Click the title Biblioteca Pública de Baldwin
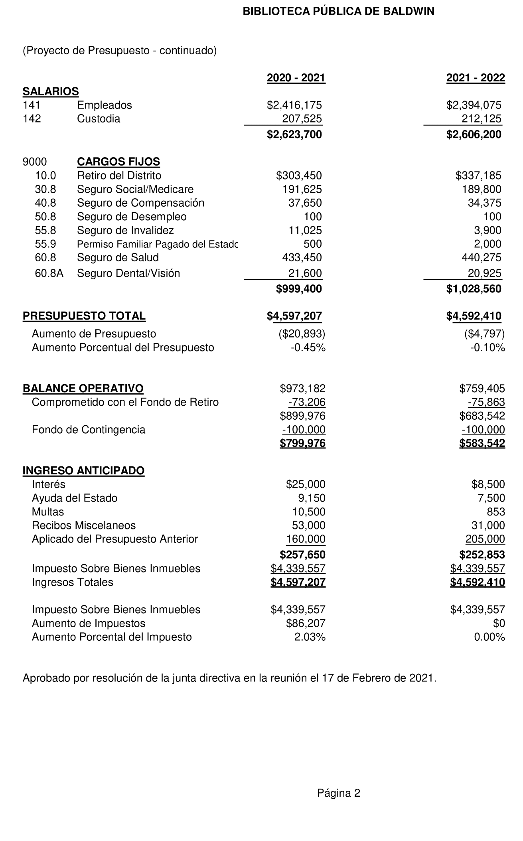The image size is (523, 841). [x=338, y=12]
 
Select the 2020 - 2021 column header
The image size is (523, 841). [x=296, y=78]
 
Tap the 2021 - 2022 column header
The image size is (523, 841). [x=476, y=78]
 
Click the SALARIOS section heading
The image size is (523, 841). [x=51, y=92]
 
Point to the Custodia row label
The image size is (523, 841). [x=99, y=119]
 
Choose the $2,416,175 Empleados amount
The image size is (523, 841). [x=294, y=105]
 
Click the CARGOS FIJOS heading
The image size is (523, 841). [x=118, y=162]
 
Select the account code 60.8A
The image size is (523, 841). [x=49, y=273]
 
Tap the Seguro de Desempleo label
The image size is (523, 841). [x=132, y=217]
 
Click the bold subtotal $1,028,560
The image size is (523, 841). [x=474, y=289]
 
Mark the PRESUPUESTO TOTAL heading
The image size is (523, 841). [x=84, y=316]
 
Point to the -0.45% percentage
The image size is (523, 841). [x=308, y=348]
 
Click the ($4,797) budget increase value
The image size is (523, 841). [x=484, y=334]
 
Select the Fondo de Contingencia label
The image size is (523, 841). [x=89, y=430]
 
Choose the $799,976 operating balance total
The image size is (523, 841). [x=303, y=444]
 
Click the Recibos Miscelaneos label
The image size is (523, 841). [x=84, y=525]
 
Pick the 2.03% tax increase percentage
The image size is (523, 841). [x=310, y=637]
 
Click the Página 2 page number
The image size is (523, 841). [x=339, y=793]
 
